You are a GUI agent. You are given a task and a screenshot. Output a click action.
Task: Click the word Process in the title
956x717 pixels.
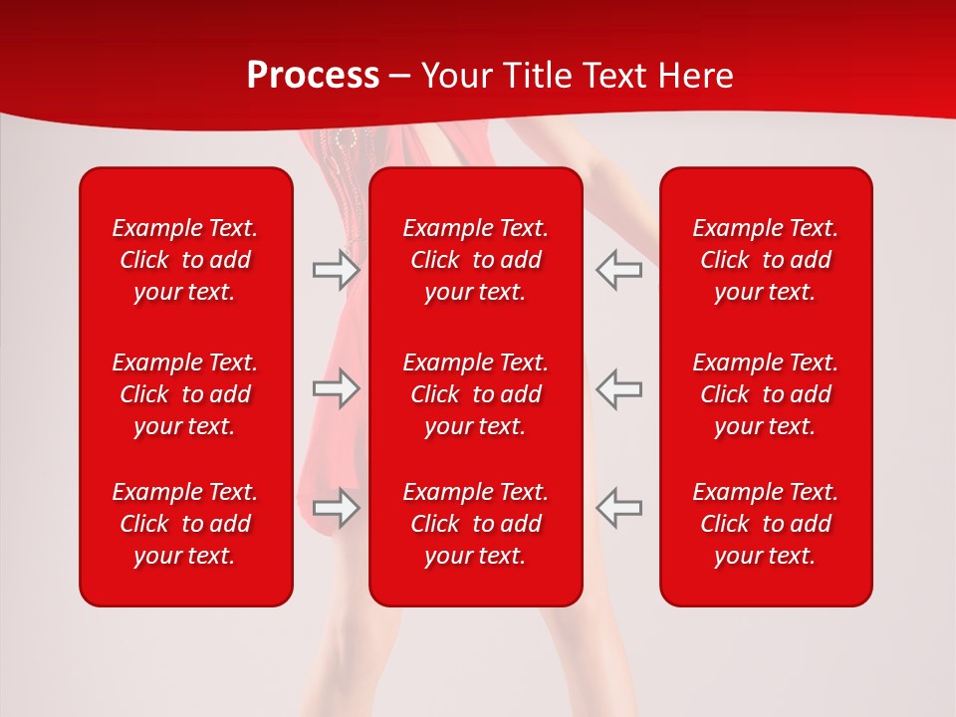pos(313,76)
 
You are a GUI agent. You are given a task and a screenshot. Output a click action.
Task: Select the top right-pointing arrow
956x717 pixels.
pos(336,270)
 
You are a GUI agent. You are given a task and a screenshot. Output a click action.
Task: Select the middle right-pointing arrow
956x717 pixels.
pos(336,388)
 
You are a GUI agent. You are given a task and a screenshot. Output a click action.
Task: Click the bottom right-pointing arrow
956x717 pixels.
pos(336,507)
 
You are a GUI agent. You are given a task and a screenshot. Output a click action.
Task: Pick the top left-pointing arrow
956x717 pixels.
pos(618,270)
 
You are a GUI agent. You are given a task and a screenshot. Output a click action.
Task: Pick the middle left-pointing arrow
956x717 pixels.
pos(618,388)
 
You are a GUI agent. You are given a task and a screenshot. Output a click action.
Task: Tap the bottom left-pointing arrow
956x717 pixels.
pos(618,507)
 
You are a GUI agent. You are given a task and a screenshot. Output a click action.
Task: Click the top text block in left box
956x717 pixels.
pos(185,260)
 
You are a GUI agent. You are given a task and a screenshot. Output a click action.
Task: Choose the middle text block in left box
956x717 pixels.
pos(185,394)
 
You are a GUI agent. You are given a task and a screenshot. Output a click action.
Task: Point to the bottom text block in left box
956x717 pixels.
pos(185,524)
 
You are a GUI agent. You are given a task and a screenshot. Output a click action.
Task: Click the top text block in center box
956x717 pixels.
pos(476,260)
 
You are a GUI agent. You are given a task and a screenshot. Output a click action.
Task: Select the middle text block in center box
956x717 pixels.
pos(476,394)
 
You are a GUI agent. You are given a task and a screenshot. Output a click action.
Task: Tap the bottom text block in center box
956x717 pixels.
pos(476,524)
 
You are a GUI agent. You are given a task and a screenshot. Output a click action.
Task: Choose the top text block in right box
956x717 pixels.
pos(766,260)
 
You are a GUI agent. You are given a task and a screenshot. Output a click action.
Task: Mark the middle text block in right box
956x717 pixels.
pos(766,394)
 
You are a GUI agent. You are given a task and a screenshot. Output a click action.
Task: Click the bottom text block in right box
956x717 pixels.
pos(766,524)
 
